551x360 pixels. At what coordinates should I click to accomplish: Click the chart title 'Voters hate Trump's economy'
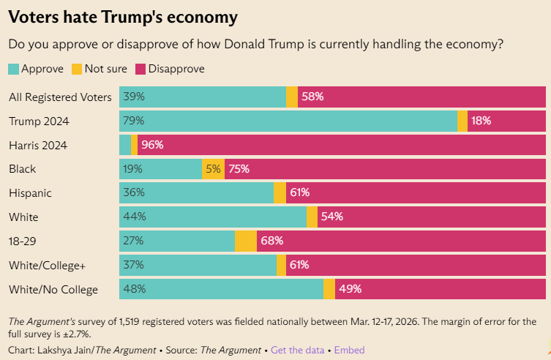122,16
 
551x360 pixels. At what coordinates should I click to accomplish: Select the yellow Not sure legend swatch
76,69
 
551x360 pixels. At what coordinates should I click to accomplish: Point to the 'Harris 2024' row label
38,145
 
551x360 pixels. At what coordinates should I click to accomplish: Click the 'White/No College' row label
53,290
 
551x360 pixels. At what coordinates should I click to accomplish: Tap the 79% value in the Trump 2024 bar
134,121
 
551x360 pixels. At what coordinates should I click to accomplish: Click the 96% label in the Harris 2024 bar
152,145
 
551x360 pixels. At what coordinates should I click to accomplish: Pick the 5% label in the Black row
213,169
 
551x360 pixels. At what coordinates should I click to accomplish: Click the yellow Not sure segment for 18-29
246,241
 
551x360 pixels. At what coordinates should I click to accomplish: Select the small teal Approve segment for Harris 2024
124,145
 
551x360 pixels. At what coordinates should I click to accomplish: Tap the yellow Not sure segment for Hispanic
280,193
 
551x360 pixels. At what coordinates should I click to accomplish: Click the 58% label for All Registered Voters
312,97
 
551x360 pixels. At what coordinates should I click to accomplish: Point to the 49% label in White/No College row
350,290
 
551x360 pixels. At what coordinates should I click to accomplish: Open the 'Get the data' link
297,350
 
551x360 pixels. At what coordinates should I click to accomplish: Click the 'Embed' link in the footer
349,350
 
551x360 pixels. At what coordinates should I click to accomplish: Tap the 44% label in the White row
134,217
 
